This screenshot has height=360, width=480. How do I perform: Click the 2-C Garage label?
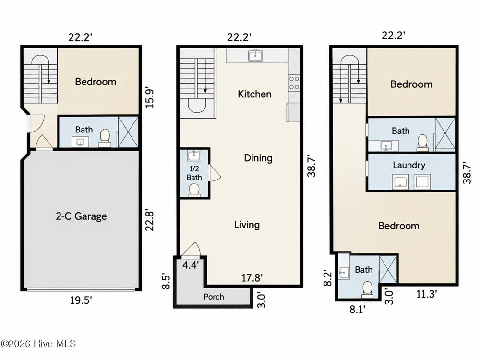pyautogui.click(x=81, y=216)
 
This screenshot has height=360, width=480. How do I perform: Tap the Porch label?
pyautogui.click(x=214, y=297)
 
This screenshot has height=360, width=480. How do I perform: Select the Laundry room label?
pyautogui.click(x=409, y=165)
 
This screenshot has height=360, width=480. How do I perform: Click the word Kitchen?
pyautogui.click(x=254, y=94)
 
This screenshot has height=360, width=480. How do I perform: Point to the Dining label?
pyautogui.click(x=258, y=158)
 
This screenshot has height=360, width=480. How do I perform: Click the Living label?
pyautogui.click(x=247, y=225)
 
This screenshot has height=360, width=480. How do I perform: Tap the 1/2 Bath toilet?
pyautogui.click(x=194, y=190)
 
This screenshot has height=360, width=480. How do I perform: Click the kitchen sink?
pyautogui.click(x=255, y=56)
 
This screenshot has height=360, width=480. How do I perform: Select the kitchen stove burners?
pyautogui.click(x=294, y=83)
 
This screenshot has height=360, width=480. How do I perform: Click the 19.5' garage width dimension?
pyautogui.click(x=81, y=300)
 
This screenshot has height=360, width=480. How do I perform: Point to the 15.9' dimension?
pyautogui.click(x=149, y=98)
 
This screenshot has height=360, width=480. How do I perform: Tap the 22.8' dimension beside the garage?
pyautogui.click(x=149, y=220)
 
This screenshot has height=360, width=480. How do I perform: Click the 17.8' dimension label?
pyautogui.click(x=252, y=277)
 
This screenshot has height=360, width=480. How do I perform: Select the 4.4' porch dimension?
pyautogui.click(x=191, y=265)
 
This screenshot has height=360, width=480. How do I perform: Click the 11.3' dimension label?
pyautogui.click(x=426, y=294)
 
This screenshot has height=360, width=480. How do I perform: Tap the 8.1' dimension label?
pyautogui.click(x=357, y=309)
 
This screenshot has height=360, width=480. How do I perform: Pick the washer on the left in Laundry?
pyautogui.click(x=400, y=182)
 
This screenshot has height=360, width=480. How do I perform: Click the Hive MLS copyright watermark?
pyautogui.click(x=38, y=344)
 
